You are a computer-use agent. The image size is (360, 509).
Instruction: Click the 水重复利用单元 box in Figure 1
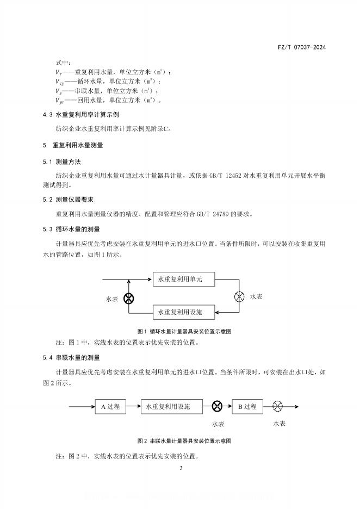(x=184, y=279)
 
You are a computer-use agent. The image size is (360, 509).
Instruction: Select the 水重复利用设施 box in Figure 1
(x=184, y=312)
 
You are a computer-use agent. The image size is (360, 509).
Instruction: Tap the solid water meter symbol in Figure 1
(x=129, y=298)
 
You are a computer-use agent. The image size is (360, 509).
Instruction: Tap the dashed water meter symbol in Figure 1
(x=239, y=296)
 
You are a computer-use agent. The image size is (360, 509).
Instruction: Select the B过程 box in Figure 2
(x=247, y=406)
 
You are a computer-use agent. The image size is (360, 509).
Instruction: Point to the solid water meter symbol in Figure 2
(x=217, y=406)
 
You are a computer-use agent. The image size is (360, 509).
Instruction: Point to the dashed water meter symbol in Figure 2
(x=278, y=406)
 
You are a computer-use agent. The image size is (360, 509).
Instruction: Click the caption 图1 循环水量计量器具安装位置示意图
(x=180, y=331)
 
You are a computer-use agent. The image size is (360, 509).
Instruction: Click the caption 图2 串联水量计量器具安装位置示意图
(x=180, y=440)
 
